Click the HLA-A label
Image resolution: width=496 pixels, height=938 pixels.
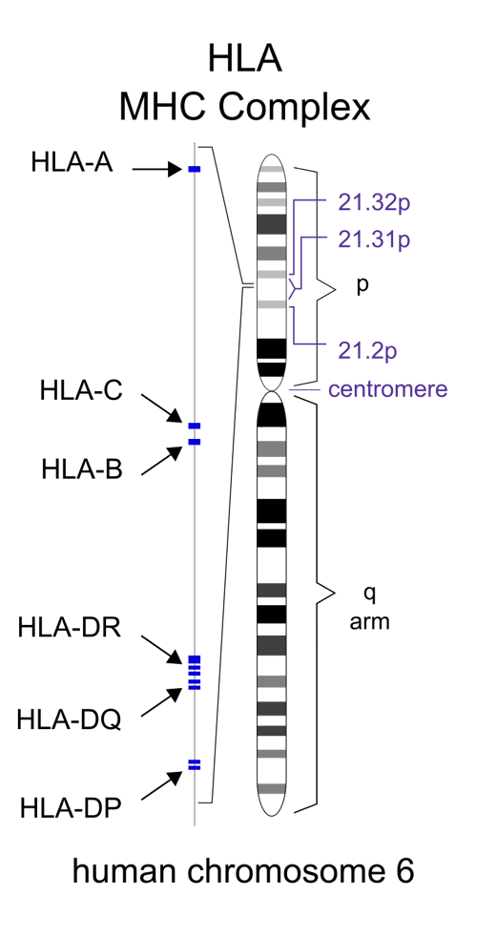point(72,162)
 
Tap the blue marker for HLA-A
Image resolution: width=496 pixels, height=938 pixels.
point(195,169)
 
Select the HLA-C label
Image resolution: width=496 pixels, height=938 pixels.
point(81,390)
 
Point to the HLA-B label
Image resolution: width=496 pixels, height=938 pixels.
point(82,469)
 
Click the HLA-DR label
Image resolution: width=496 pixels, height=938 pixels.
point(70,629)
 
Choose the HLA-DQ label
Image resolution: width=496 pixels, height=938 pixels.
point(69,719)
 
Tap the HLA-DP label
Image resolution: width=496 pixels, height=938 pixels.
point(71,809)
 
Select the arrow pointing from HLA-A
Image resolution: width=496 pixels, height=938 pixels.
point(157,169)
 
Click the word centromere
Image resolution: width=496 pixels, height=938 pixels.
point(387,389)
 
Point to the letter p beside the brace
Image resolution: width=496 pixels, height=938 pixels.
point(362,287)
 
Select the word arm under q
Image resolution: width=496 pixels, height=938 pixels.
point(370,622)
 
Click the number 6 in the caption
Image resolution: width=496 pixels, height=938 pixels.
point(405,871)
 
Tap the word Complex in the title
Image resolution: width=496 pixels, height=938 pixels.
point(294,109)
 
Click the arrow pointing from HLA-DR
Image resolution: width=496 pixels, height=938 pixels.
point(161,650)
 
